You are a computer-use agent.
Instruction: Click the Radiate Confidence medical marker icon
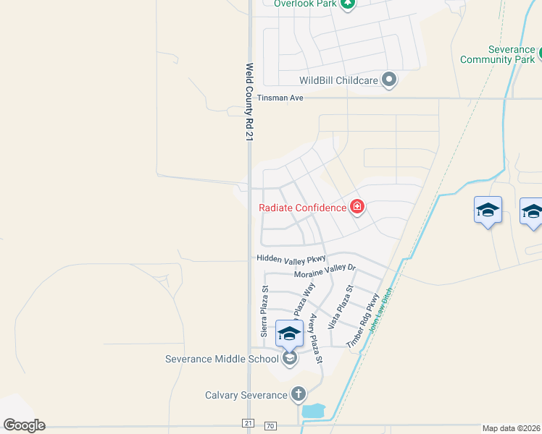pyautogui.click(x=357, y=208)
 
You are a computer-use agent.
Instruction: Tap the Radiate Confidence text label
pyautogui.click(x=303, y=208)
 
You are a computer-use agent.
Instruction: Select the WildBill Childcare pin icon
pyautogui.click(x=389, y=80)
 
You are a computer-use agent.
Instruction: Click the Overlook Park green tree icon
pyautogui.click(x=349, y=3)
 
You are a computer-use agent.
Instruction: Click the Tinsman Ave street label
pyautogui.click(x=280, y=98)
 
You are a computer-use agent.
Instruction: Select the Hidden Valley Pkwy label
pyautogui.click(x=292, y=258)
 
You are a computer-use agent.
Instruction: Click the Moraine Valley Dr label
pyautogui.click(x=325, y=271)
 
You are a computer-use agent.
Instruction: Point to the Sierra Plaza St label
pyautogui.click(x=264, y=311)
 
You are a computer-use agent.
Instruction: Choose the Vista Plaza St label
pyautogui.click(x=340, y=307)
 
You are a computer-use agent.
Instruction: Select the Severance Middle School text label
pyautogui.click(x=222, y=359)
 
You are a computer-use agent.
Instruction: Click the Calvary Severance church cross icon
pyautogui.click(x=298, y=394)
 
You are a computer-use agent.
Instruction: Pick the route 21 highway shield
pyautogui.click(x=248, y=422)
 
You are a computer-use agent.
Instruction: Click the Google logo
pyautogui.click(x=24, y=425)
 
